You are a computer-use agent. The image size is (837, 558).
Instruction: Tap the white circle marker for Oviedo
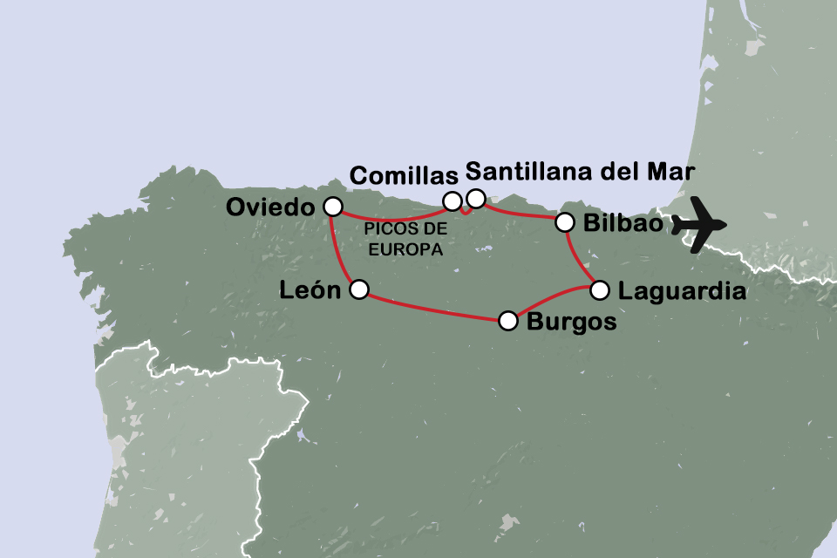click(332, 207)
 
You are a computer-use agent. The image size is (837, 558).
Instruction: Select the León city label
click(309, 291)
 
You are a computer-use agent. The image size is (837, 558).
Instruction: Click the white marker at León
click(358, 289)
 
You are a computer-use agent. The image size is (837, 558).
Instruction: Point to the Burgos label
click(571, 322)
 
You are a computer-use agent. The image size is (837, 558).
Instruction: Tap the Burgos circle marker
click(508, 321)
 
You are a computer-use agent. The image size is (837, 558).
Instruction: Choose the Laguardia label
click(682, 291)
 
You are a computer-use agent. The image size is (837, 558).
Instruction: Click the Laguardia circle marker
click(599, 289)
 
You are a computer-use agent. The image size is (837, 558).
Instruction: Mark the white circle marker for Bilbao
click(565, 222)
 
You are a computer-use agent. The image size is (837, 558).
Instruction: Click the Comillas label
click(404, 175)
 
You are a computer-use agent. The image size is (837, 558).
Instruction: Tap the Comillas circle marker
click(453, 201)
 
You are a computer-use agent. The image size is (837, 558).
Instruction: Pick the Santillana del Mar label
click(581, 172)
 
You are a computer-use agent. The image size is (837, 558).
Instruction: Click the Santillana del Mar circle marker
click(475, 199)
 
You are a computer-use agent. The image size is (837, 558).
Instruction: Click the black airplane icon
click(701, 225)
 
